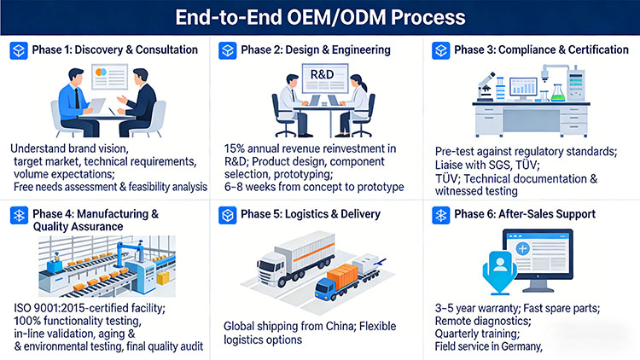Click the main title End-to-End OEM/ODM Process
pos(320,17)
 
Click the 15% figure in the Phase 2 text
pos(236,148)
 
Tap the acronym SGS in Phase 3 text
pos(509,165)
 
